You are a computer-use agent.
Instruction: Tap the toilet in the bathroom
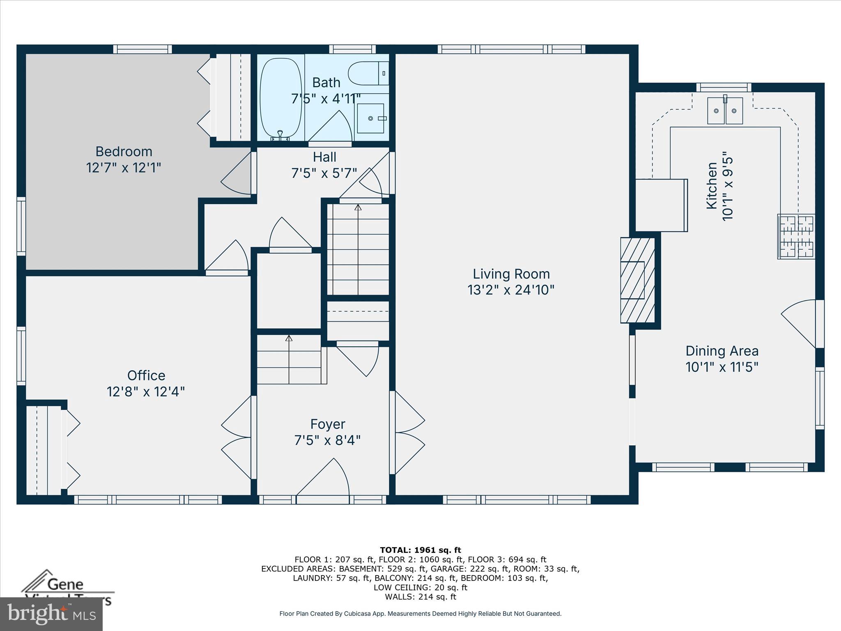pyautogui.click(x=368, y=73)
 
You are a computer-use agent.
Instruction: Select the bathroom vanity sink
pyautogui.click(x=370, y=118)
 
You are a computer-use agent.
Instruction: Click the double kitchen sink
pyautogui.click(x=725, y=111)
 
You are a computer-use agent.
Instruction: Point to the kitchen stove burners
pyautogui.click(x=796, y=237)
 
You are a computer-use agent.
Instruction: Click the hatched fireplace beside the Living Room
pyautogui.click(x=637, y=280)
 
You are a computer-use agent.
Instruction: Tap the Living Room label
pyautogui.click(x=511, y=274)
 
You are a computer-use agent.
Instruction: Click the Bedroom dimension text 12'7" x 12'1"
pyautogui.click(x=124, y=168)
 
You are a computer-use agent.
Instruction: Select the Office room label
pyautogui.click(x=146, y=375)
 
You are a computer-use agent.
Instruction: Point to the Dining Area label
pyautogui.click(x=722, y=351)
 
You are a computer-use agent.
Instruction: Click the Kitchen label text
pyautogui.click(x=712, y=186)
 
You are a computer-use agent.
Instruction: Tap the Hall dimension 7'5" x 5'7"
pyautogui.click(x=324, y=173)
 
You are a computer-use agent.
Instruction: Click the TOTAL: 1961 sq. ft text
pyautogui.click(x=420, y=550)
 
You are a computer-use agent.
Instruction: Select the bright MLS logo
pyautogui.click(x=51, y=614)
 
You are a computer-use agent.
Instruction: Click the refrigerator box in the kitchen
pyautogui.click(x=661, y=205)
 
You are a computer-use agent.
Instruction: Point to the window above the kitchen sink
pyautogui.click(x=724, y=87)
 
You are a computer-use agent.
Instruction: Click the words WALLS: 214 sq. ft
pyautogui.click(x=420, y=597)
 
